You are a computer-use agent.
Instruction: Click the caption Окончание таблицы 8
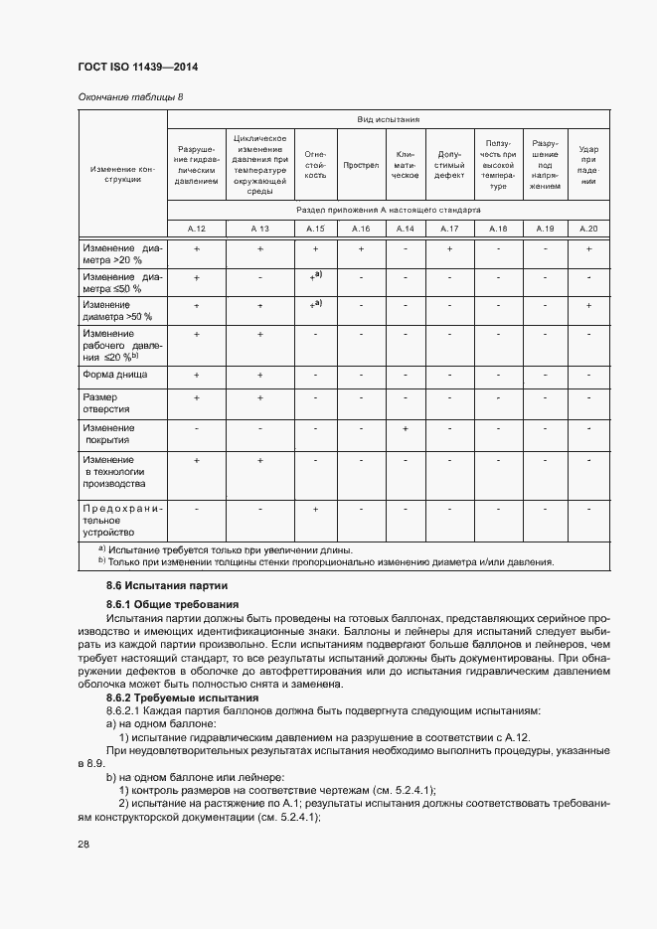(x=130, y=96)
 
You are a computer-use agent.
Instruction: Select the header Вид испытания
(x=389, y=119)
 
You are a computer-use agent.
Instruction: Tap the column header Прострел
(x=361, y=165)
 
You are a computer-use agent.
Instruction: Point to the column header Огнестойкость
(x=315, y=165)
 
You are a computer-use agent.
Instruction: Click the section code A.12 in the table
(x=197, y=229)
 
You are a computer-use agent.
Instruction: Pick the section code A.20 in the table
(x=588, y=229)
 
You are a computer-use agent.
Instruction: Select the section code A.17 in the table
(x=449, y=229)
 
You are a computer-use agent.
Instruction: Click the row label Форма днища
(x=115, y=375)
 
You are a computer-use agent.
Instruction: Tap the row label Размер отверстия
(x=106, y=402)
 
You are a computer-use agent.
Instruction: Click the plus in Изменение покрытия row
(x=406, y=428)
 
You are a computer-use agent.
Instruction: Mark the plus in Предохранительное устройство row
(x=315, y=508)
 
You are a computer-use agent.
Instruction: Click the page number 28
(x=83, y=844)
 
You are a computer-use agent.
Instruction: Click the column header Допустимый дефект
(x=449, y=165)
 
